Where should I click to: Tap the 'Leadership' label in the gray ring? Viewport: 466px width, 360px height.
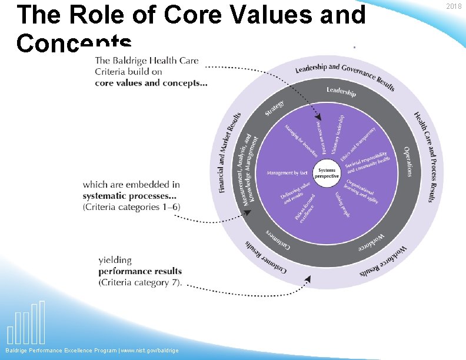pyautogui.click(x=341, y=92)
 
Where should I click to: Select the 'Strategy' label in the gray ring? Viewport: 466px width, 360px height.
pyautogui.click(x=274, y=108)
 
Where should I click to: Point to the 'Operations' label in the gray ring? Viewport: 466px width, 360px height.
pyautogui.click(x=408, y=161)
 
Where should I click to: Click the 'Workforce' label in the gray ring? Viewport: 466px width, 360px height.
pyautogui.click(x=371, y=242)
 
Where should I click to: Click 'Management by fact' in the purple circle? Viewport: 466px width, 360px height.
pyautogui.click(x=287, y=173)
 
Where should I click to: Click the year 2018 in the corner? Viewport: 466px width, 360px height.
pyautogui.click(x=454, y=6)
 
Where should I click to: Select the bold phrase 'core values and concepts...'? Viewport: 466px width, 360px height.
pyautogui.click(x=151, y=83)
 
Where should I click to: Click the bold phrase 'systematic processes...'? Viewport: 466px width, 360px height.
pyautogui.click(x=130, y=196)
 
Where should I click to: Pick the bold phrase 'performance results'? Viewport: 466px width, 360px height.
pyautogui.click(x=140, y=271)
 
